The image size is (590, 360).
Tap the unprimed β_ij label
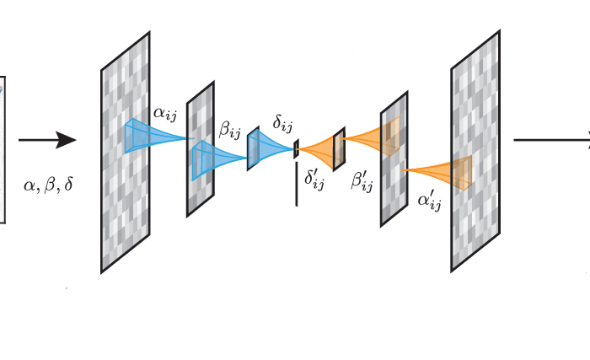pos(229,129)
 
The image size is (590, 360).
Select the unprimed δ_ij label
pos(282,126)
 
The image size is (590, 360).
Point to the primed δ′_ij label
pos(314,179)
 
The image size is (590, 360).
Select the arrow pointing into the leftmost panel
pos(47,140)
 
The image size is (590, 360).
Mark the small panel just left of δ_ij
pos(252,148)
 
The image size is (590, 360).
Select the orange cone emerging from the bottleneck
pos(319,150)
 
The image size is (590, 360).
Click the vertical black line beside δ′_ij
pos(296,187)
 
